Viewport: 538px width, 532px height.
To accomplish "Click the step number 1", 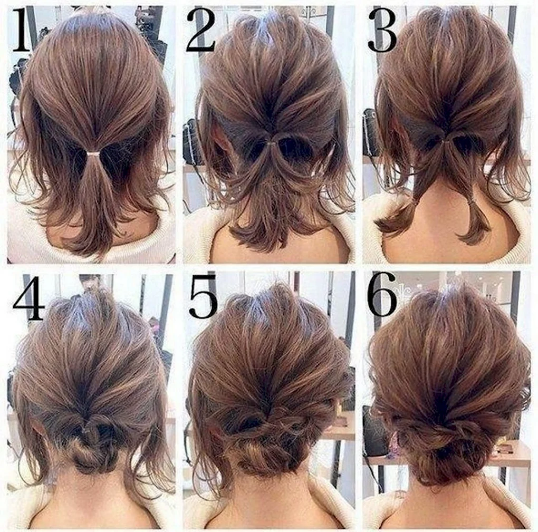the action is coord(22,30).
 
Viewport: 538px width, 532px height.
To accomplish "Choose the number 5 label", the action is coord(204,296).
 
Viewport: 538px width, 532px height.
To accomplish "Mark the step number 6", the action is coord(382,294).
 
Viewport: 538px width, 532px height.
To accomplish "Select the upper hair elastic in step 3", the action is coord(448,140).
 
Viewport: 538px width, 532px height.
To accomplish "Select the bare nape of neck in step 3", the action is coord(443,219).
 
